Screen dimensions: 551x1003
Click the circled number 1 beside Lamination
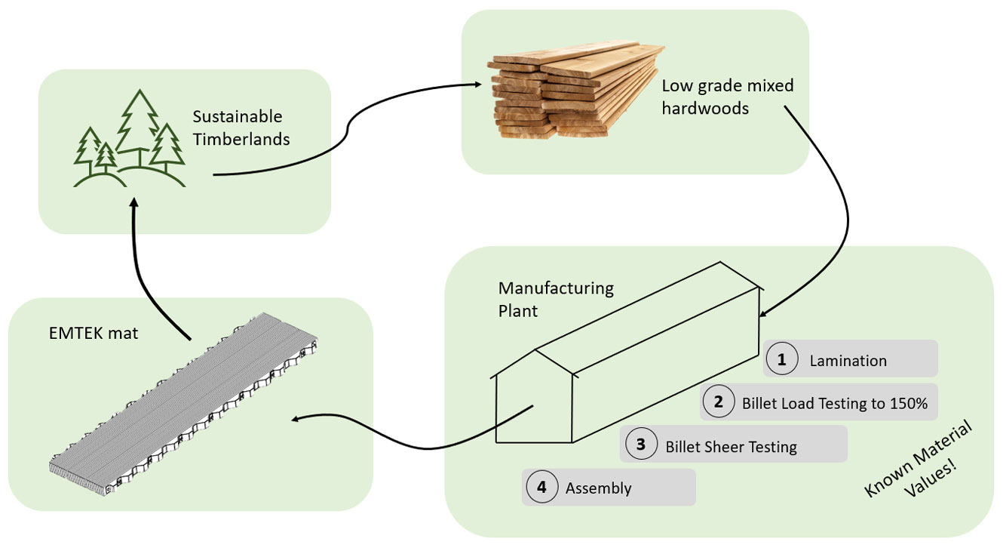(x=782, y=360)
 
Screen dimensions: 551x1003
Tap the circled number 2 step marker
(x=719, y=402)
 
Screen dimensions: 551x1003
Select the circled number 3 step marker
(x=640, y=445)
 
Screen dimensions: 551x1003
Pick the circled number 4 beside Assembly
(x=541, y=488)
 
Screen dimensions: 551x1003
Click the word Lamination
(x=848, y=361)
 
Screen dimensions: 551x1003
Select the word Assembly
(x=598, y=488)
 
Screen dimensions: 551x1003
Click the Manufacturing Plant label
(x=556, y=299)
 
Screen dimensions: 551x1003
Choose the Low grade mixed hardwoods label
(x=727, y=97)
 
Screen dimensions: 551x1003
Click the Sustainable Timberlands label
(x=241, y=128)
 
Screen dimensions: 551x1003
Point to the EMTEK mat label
(x=92, y=332)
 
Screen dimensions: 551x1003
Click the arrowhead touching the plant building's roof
(x=764, y=313)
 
